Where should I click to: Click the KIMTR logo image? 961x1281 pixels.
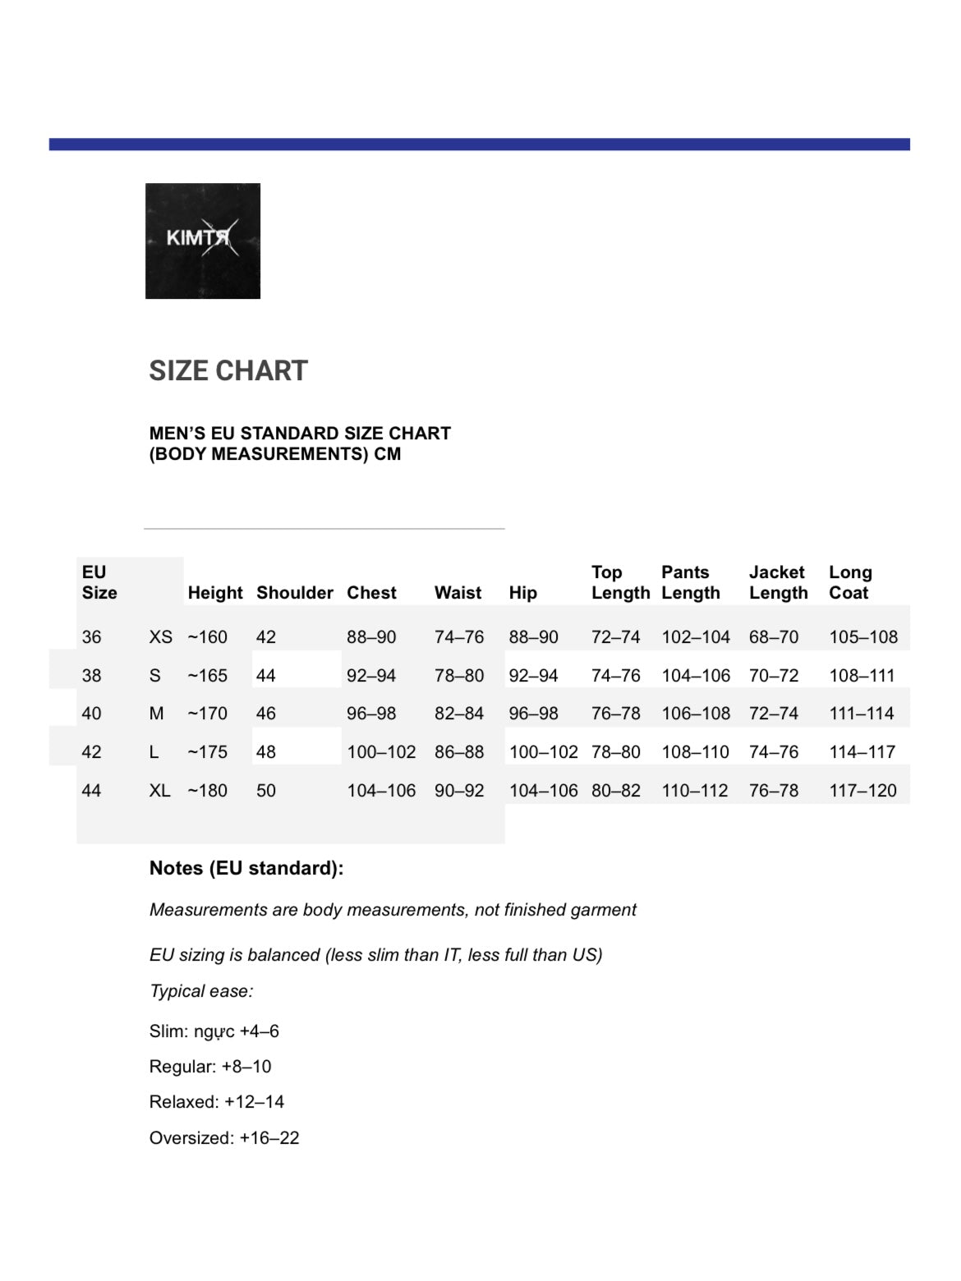tap(203, 241)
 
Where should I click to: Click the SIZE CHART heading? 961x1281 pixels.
tap(228, 370)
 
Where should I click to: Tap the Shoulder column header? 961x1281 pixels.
tap(294, 593)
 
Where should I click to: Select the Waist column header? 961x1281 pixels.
tap(458, 593)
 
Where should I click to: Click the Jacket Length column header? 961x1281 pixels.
tap(778, 582)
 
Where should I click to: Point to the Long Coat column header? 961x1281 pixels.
tap(850, 582)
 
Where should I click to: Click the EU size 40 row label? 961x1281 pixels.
tap(92, 714)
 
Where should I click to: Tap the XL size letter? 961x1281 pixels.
tap(159, 791)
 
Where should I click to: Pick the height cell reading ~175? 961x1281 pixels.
tap(208, 752)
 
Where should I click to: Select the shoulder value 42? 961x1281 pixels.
tap(266, 637)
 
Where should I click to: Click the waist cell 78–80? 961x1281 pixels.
tap(459, 676)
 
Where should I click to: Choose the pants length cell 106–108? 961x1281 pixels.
tap(696, 714)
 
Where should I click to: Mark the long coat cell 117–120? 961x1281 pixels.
tap(862, 791)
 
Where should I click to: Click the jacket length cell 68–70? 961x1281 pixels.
tap(773, 637)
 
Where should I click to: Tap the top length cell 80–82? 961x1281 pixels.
tap(615, 791)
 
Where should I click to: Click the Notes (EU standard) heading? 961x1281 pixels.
tap(246, 868)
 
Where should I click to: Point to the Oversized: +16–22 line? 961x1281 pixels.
tap(224, 1138)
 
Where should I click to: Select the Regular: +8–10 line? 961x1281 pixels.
tap(210, 1067)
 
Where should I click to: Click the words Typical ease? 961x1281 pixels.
tap(201, 991)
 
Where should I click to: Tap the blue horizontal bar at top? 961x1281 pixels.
tap(480, 145)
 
